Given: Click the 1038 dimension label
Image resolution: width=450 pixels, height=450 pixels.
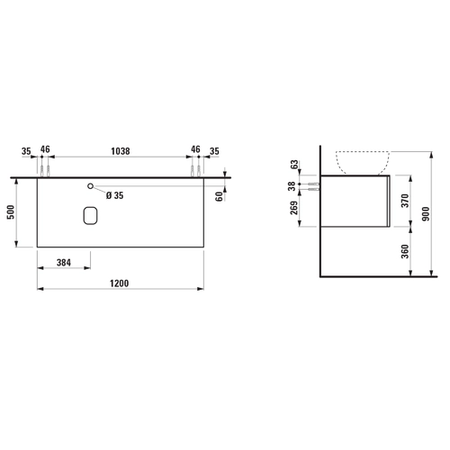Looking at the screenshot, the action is click(121, 151).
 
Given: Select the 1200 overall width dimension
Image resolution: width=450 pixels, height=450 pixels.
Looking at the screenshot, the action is click(119, 283).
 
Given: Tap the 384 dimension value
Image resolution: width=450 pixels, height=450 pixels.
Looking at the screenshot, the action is click(64, 263).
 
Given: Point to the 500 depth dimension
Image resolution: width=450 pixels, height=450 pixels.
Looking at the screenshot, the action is click(11, 212).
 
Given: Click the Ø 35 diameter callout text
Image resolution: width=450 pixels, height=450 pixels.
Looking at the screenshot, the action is click(114, 195).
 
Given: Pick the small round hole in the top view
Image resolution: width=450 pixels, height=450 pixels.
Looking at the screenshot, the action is click(90, 186).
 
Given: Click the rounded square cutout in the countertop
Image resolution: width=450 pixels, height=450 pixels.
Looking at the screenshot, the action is click(90, 215).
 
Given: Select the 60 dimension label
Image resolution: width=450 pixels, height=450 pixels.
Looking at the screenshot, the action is click(220, 196).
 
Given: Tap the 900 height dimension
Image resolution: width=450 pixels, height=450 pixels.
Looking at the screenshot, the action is click(426, 214).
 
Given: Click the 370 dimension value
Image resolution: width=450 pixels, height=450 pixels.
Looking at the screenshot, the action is click(405, 201).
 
